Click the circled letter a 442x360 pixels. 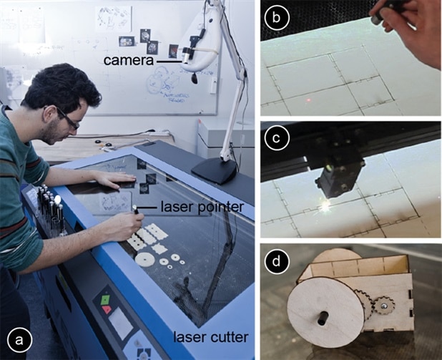(20, 340)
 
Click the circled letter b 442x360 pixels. (277, 17)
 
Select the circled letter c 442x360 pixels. (277, 138)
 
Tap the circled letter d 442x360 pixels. (277, 261)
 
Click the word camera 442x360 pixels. (128, 60)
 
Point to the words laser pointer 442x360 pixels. (202, 207)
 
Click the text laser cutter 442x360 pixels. (210, 337)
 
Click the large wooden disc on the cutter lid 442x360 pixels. (144, 258)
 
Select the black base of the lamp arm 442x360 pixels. (214, 170)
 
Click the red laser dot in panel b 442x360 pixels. (309, 100)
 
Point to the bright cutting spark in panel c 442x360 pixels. (325, 206)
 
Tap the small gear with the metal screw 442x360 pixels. (383, 306)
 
